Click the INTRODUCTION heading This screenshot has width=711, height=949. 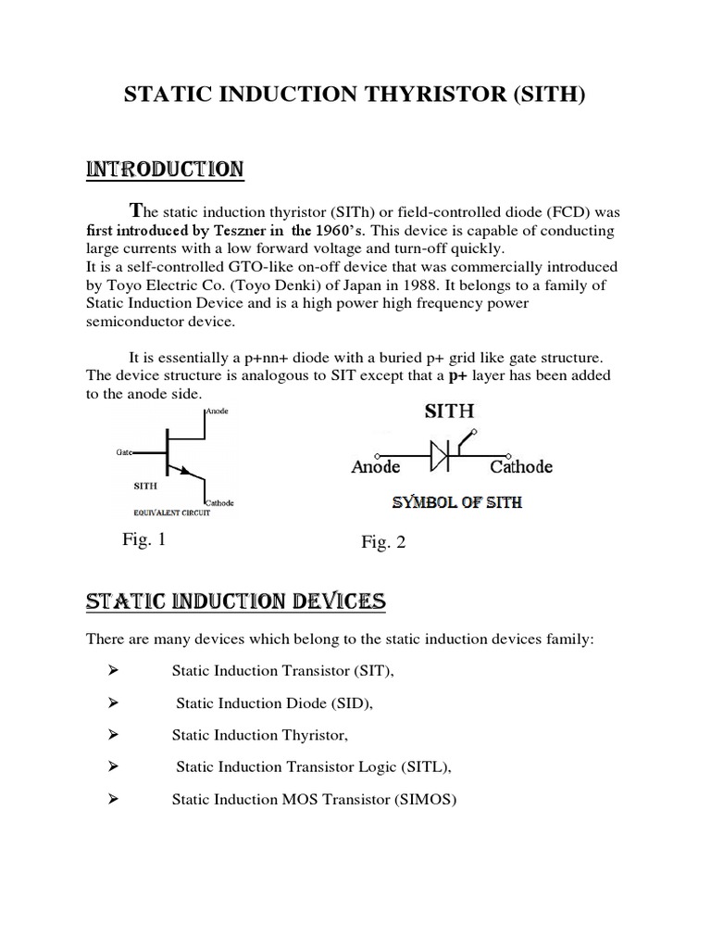[x=165, y=170]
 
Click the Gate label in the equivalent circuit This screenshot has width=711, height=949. [x=124, y=451]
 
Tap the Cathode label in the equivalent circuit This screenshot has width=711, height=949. [x=219, y=503]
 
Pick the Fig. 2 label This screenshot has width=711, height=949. [x=383, y=543]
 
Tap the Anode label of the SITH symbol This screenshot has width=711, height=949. [x=376, y=467]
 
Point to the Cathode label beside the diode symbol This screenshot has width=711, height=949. [x=521, y=467]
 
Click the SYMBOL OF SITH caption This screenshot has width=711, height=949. [x=457, y=503]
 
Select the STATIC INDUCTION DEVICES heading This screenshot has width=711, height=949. [x=235, y=602]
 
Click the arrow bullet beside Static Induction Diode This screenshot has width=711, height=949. [x=115, y=702]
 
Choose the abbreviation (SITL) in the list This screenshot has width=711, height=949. [x=425, y=766]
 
